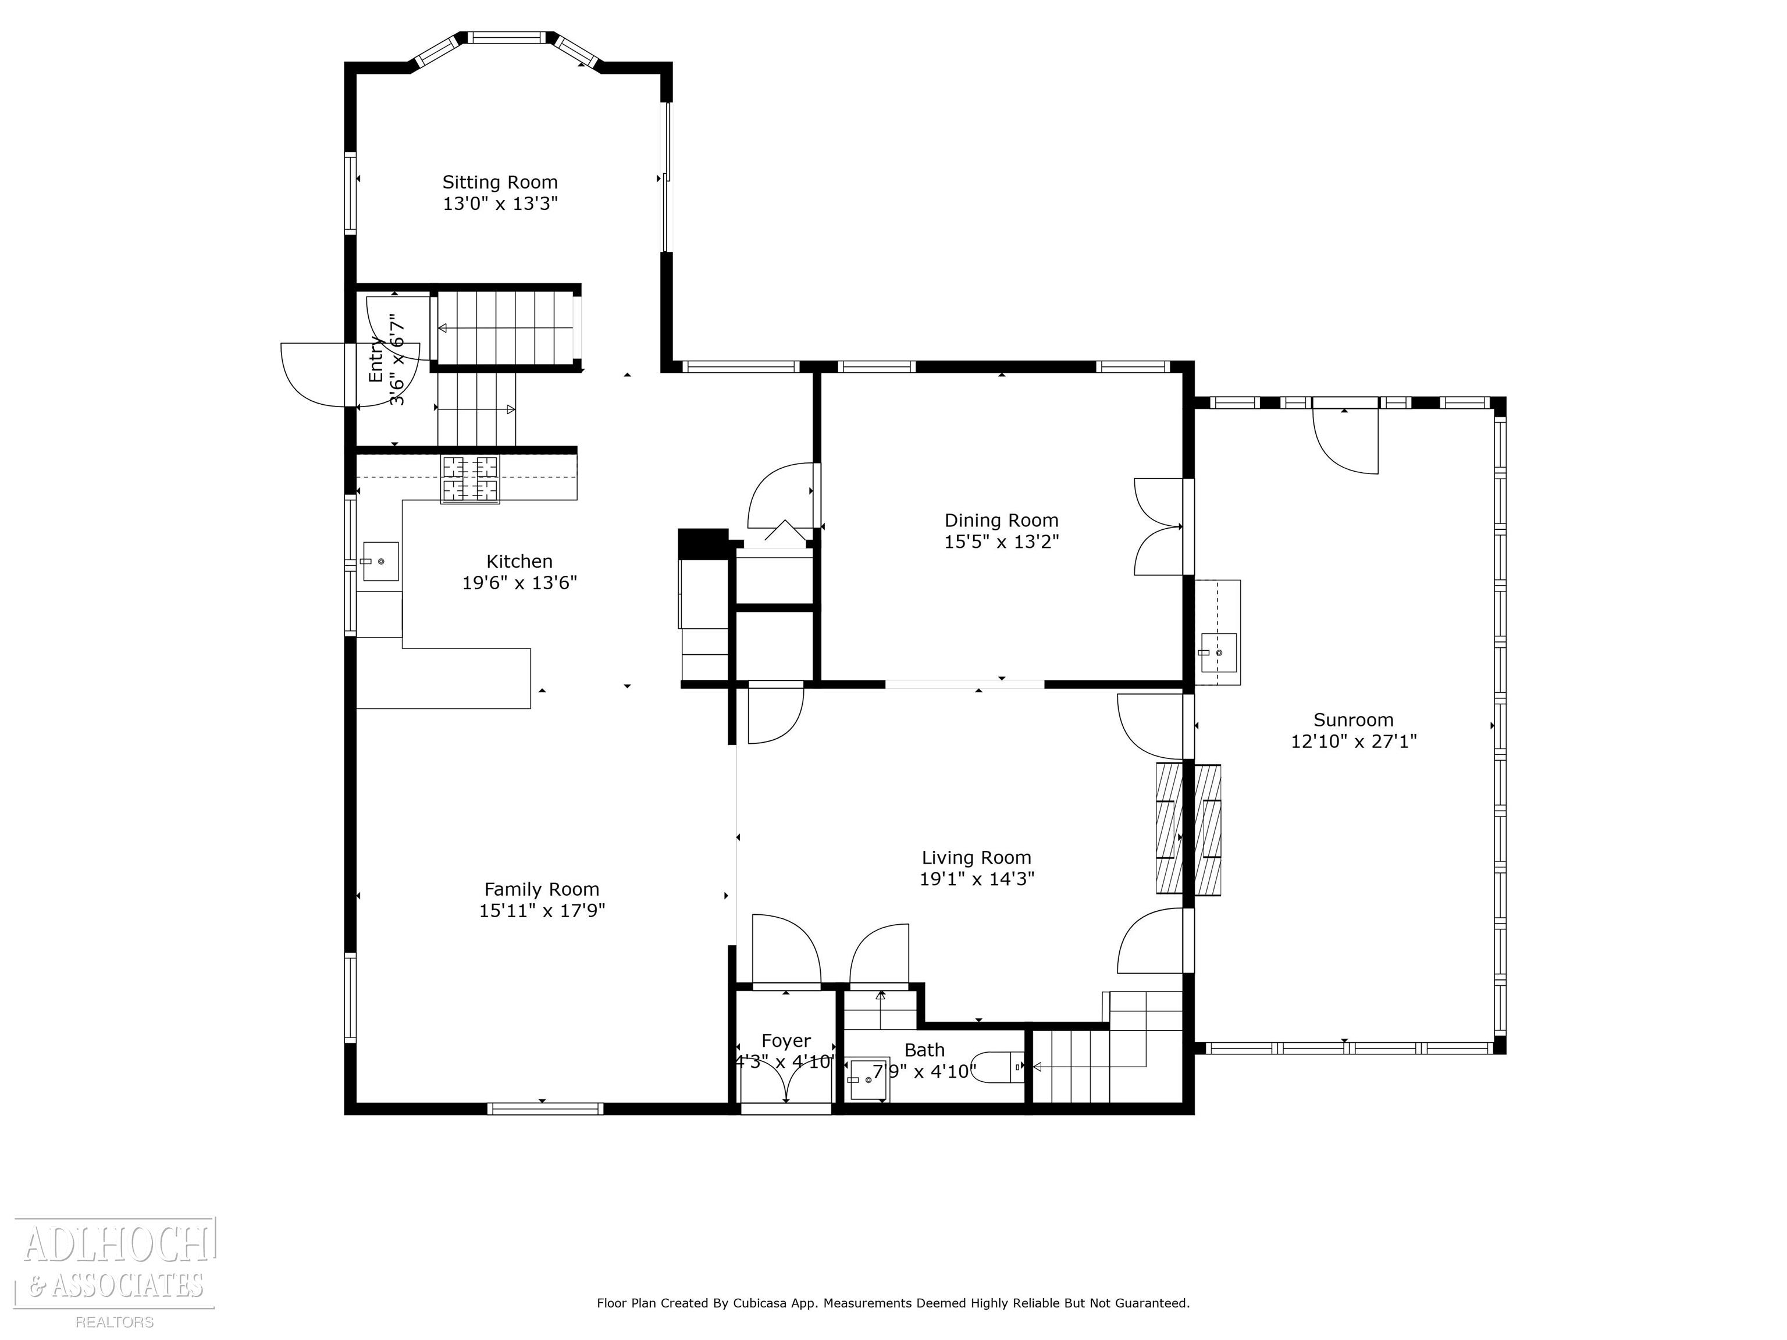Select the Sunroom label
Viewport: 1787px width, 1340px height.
[x=1353, y=719]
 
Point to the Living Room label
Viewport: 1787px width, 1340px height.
[x=976, y=858]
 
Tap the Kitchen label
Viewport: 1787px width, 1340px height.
[x=519, y=561]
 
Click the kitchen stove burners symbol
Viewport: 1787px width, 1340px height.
[x=469, y=480]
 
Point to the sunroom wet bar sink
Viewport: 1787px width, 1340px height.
[x=1218, y=653]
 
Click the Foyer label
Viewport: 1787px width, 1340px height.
[x=785, y=1041]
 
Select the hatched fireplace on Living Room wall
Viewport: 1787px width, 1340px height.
[x=1188, y=829]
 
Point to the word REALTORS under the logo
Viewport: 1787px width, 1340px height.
[x=115, y=1322]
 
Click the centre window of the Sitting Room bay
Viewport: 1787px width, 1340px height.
[x=507, y=37]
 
